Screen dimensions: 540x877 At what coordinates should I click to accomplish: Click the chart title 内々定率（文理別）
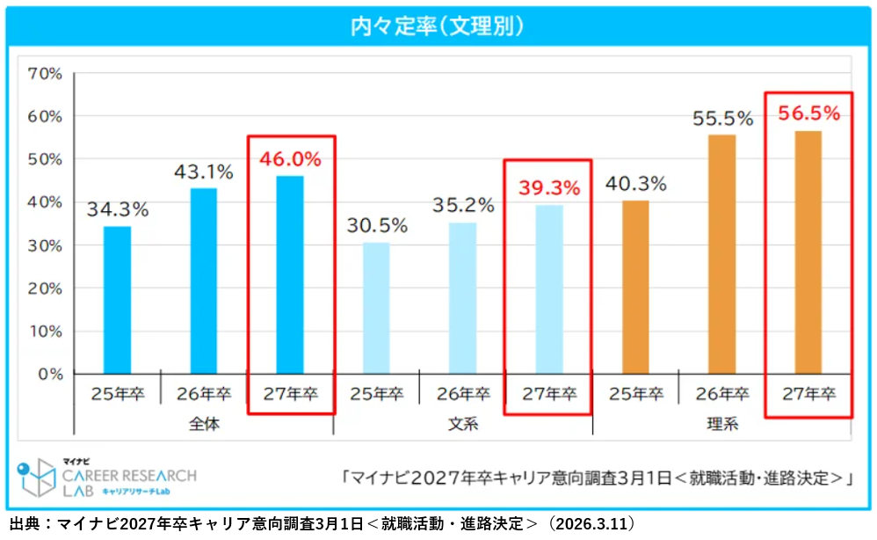tap(437, 26)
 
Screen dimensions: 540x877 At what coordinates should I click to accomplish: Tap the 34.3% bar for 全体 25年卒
tap(117, 300)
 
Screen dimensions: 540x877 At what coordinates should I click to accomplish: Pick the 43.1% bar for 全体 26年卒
tap(203, 281)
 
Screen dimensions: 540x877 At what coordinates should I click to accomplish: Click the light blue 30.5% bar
tap(376, 308)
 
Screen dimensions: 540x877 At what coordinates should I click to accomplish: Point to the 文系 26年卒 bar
tap(462, 298)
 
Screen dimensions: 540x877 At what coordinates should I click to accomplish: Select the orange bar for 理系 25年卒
tap(635, 287)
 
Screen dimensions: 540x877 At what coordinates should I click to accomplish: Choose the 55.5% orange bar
tap(722, 254)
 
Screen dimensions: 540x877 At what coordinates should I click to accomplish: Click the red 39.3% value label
tap(549, 187)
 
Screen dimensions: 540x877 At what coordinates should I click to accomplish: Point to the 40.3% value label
tap(635, 184)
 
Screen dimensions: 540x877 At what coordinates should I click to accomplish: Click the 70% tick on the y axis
tap(43, 74)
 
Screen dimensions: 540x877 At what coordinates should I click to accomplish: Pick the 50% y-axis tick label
tap(43, 159)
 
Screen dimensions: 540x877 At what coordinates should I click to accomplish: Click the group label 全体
tap(203, 424)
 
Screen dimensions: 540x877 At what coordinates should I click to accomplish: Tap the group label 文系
tap(462, 424)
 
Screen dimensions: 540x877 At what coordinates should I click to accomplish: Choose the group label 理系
tap(722, 424)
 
